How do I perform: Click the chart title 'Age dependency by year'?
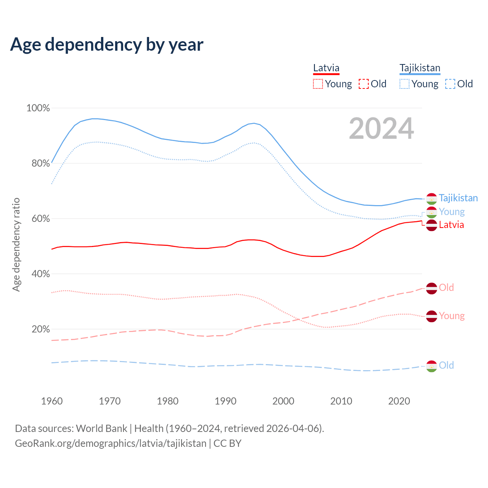(107, 45)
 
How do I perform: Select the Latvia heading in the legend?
(326, 68)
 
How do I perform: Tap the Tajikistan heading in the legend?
(420, 68)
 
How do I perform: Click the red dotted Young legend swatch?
(318, 84)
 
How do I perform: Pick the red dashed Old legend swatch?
(364, 84)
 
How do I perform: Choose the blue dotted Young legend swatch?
(405, 84)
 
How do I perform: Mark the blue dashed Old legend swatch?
(450, 84)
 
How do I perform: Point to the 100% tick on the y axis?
(38, 108)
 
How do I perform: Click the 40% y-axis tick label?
(39, 274)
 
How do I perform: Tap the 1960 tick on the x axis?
(52, 401)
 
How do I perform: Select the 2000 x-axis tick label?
(283, 401)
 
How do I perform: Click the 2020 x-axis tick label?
(399, 401)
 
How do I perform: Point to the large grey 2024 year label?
(381, 129)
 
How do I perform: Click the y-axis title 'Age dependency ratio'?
(16, 244)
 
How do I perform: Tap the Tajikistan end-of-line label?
(458, 198)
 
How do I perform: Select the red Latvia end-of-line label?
(451, 225)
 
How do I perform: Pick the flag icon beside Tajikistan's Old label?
(431, 366)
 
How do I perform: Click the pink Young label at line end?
(452, 316)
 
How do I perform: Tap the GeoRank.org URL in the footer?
(111, 443)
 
